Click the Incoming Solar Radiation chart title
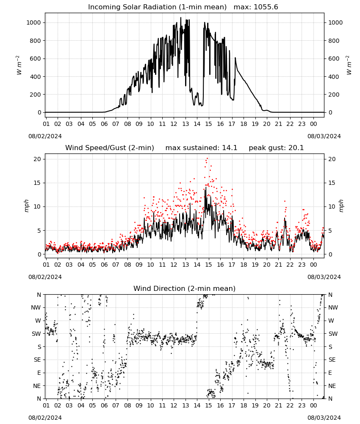coord(157,7)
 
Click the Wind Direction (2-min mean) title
coord(185,288)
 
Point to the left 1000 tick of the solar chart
coord(33,23)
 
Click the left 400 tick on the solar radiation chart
coord(36,77)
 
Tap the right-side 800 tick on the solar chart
coord(334,41)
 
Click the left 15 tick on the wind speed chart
coord(37,183)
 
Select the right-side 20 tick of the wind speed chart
coord(332,159)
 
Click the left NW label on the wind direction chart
coord(36,308)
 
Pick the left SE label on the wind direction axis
coord(37,360)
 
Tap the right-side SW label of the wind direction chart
coord(333,334)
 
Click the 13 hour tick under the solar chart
coord(186,124)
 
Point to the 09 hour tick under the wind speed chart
coord(139,265)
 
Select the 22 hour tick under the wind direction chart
coord(290,406)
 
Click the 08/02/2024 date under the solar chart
coord(45,136)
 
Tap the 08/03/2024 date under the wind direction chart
coord(324,418)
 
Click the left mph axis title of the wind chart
coord(26,206)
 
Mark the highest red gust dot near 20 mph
coord(207,159)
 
